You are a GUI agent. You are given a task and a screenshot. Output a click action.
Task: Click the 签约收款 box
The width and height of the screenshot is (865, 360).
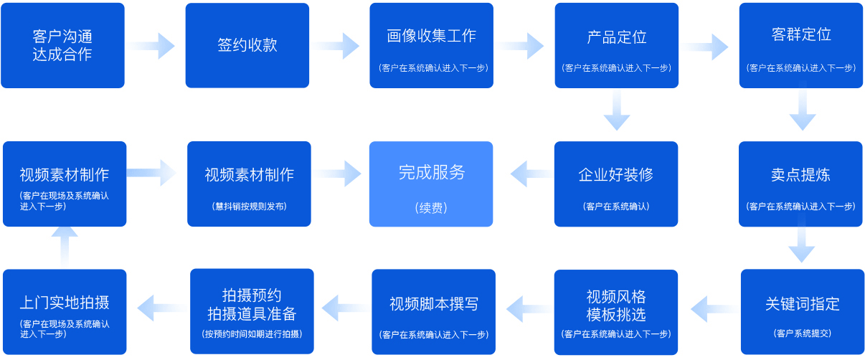247,45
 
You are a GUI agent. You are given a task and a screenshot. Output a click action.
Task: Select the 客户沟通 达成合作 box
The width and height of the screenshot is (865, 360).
62,45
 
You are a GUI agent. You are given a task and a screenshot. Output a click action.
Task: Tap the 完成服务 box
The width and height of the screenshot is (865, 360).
431,184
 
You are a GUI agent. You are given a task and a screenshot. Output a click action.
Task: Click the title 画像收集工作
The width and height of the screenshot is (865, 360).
431,36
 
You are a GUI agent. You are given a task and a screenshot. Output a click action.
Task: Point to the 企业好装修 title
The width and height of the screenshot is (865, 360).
615,175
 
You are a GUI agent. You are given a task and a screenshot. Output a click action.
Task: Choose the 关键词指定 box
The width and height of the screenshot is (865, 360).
802,311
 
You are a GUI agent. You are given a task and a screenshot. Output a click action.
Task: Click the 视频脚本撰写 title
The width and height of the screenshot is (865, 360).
433,303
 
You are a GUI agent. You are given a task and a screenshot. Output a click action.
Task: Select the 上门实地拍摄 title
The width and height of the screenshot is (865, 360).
65,302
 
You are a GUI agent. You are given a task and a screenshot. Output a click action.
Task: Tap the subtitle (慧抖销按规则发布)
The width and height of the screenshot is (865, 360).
249,207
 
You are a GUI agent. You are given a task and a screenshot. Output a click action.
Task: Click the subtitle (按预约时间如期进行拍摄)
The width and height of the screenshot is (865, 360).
252,334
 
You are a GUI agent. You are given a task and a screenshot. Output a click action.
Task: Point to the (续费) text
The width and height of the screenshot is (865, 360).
431,208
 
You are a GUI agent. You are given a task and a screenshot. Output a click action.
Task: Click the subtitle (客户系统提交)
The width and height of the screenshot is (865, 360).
802,333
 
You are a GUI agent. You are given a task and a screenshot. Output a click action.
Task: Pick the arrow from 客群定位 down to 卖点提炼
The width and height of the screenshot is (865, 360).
801,113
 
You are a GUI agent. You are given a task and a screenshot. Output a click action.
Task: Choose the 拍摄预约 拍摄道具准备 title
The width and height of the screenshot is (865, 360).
252,305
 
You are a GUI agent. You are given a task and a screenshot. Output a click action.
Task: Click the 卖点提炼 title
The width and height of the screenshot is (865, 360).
800,175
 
